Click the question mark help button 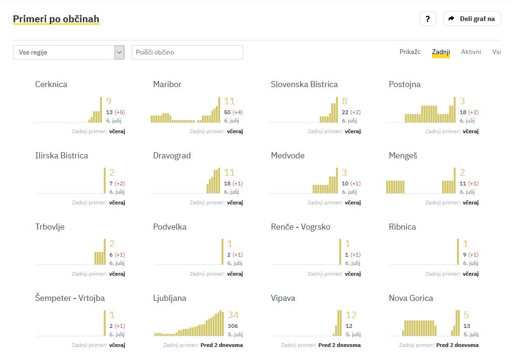(428, 19)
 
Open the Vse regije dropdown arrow (120, 53)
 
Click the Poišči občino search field (187, 53)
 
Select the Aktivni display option (471, 52)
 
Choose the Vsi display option (497, 52)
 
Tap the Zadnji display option (441, 52)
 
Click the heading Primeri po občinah (56, 19)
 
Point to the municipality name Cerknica (51, 84)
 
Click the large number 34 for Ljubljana (233, 315)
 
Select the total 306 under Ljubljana (233, 326)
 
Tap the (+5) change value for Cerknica (120, 112)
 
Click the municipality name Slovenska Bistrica (304, 84)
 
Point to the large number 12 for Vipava (351, 315)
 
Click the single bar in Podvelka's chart (223, 252)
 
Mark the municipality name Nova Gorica (411, 298)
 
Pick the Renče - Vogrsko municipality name (301, 227)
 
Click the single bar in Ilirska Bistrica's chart (105, 181)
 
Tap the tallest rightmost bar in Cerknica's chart (101, 110)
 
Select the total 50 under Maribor (227, 112)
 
